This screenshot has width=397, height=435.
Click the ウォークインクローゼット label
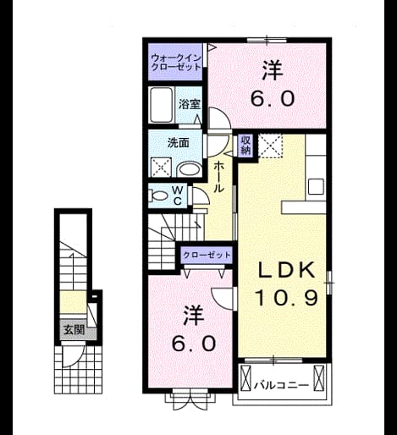point(176,63)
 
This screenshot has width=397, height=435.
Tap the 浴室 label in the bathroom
point(190,104)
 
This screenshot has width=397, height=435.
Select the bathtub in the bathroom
point(161,105)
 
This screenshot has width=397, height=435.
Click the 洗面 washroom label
point(179,143)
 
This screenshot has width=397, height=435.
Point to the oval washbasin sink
point(189,170)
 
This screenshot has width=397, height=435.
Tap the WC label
point(178,195)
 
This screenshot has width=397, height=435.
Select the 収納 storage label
point(245,146)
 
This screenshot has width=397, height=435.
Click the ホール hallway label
point(218,177)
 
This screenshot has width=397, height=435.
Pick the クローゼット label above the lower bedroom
point(207,255)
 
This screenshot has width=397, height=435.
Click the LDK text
point(286,271)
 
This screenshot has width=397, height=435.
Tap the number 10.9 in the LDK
point(287,298)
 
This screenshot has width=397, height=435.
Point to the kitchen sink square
point(316,186)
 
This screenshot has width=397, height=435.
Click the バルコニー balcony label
point(281,385)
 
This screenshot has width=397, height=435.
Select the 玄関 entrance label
point(74,329)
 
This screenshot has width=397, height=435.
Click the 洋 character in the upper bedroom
point(272,70)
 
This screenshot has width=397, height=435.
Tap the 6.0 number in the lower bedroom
point(194,344)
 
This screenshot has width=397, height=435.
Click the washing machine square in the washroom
point(161,167)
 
